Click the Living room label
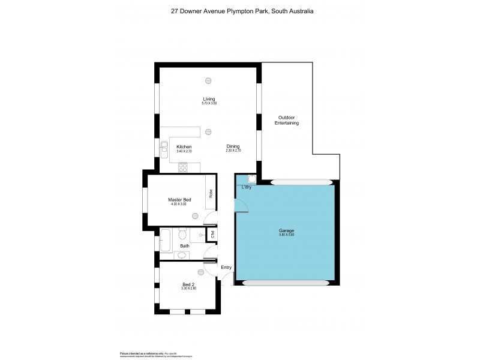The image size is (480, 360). (x=208, y=99)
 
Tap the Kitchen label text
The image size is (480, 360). (x=184, y=147)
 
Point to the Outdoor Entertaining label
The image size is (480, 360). (x=288, y=120)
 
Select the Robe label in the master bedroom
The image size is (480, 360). (x=211, y=193)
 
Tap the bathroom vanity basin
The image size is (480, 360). (x=183, y=255)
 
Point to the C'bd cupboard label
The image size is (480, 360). (x=211, y=233)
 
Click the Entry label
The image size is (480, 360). (x=226, y=268)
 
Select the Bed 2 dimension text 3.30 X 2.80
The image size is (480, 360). (x=188, y=289)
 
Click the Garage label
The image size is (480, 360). (x=286, y=230)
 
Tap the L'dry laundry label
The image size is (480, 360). (x=246, y=188)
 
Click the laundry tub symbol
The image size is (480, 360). (x=252, y=179)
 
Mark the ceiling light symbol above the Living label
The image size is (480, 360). (x=208, y=80)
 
